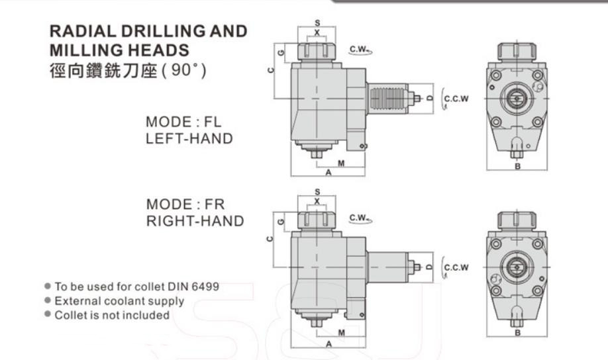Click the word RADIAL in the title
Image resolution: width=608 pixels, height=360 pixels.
coord(83,31)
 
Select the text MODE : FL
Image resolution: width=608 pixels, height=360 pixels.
coord(183,122)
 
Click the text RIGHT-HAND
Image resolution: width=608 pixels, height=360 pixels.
coord(195,221)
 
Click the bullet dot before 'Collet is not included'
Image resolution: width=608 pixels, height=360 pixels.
coord(48,314)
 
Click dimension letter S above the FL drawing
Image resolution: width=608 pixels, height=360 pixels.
coord(317,23)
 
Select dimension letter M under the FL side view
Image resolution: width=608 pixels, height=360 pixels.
coord(341,163)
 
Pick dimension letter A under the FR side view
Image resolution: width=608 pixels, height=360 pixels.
coord(329,344)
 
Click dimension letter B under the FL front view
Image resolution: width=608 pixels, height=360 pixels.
coord(518,167)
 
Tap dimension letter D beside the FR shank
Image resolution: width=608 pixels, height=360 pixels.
coord(429,267)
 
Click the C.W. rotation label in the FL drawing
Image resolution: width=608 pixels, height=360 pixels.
coord(358,49)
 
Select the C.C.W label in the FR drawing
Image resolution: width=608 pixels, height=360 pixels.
coord(456,267)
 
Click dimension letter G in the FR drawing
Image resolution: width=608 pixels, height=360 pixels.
coord(281,222)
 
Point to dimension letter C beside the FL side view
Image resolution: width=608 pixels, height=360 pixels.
coord(271,70)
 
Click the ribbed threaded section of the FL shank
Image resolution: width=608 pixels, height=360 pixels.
coord(387,99)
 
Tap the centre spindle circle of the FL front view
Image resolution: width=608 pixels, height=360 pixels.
coord(517,99)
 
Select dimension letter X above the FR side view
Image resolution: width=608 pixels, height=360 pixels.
coord(317,201)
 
